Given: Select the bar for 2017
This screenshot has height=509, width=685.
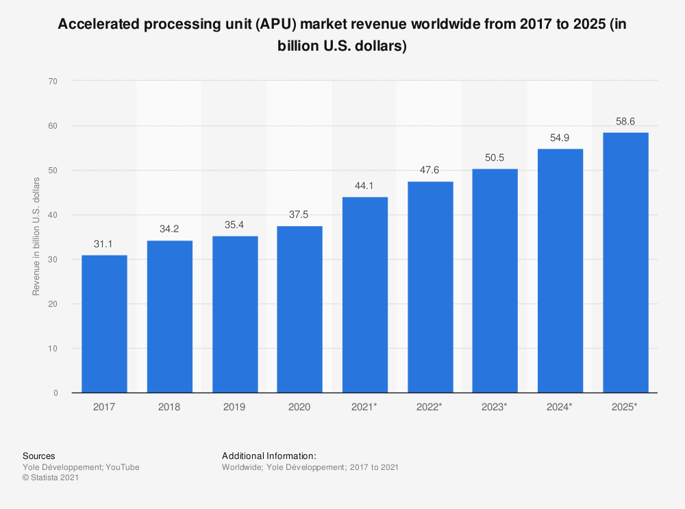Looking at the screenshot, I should pyautogui.click(x=104, y=323).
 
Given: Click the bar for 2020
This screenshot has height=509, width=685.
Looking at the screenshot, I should pyautogui.click(x=299, y=309).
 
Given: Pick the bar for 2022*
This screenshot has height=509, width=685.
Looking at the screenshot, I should pyautogui.click(x=430, y=287).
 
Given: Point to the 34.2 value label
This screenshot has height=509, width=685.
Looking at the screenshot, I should pyautogui.click(x=169, y=228).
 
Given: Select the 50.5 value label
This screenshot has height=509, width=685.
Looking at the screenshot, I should pyautogui.click(x=495, y=157).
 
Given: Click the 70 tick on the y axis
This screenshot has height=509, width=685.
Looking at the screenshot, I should pyautogui.click(x=53, y=82).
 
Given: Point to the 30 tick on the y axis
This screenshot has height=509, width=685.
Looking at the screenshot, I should pyautogui.click(x=53, y=260).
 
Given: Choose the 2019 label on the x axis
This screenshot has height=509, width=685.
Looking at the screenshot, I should pyautogui.click(x=234, y=407).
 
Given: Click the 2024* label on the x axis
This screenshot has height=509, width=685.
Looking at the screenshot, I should pyautogui.click(x=560, y=407).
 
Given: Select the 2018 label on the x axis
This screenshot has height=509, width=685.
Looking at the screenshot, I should pyautogui.click(x=169, y=407).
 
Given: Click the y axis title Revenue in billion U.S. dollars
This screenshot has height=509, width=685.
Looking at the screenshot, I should pyautogui.click(x=36, y=236).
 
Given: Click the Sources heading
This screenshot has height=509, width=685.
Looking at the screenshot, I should pyautogui.click(x=39, y=456).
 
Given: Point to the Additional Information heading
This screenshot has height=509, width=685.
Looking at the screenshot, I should pyautogui.click(x=269, y=456).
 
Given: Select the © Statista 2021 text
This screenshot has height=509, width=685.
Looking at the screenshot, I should pyautogui.click(x=51, y=478).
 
